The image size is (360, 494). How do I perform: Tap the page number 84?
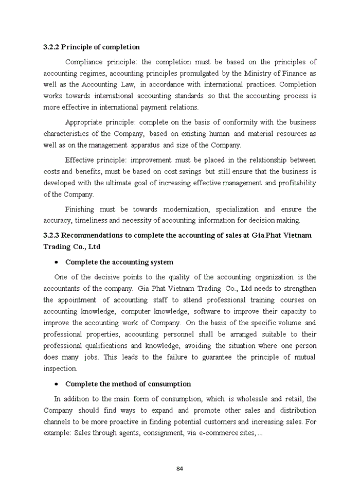point(180,468)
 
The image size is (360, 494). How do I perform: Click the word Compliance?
point(84,62)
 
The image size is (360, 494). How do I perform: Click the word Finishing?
point(80,209)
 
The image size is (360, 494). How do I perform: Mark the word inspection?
point(60,368)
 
